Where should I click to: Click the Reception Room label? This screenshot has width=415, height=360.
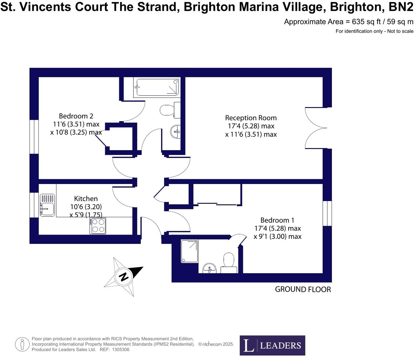click(251, 118)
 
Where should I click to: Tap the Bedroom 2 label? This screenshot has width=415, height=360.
click(76, 116)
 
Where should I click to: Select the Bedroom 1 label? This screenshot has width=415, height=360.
click(277, 220)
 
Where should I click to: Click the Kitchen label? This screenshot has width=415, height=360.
click(86, 198)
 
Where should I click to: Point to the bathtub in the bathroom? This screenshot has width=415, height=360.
click(157, 87)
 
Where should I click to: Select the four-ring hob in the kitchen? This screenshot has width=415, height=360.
click(98, 226)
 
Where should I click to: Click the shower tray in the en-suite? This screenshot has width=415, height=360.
click(189, 251)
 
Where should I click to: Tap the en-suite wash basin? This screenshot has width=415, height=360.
click(209, 268)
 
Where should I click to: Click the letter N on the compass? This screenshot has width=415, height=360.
click(124, 277)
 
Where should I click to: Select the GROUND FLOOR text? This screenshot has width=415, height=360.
click(303, 289)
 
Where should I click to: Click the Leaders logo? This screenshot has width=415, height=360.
click(272, 345)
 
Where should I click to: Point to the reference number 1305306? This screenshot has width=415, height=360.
click(120, 350)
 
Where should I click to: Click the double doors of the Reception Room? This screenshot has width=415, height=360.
click(316, 128)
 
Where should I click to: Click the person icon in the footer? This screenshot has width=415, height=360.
click(22, 345)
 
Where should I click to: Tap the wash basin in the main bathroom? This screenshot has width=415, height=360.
click(176, 132)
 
